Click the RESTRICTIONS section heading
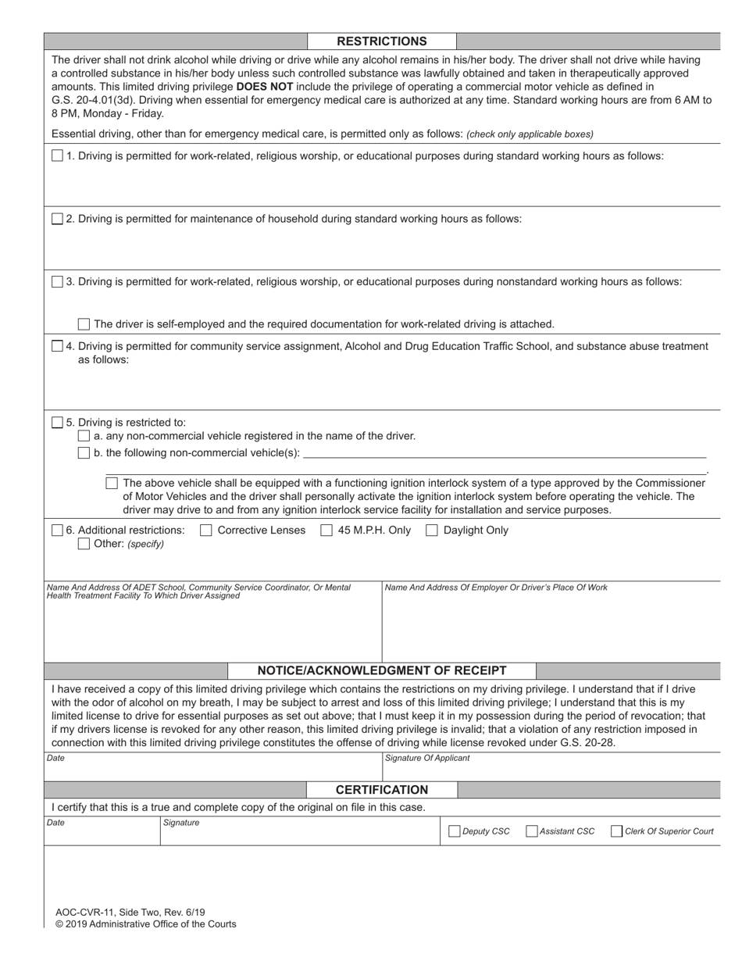[381, 41]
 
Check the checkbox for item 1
[57, 155]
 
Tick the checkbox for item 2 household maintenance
[57, 219]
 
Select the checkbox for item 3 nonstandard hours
[57, 281]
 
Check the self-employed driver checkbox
[84, 323]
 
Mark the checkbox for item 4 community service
[57, 346]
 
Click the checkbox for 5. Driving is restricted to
[57, 423]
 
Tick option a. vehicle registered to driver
[84, 436]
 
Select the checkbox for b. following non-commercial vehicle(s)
[84, 453]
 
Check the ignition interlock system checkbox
[112, 483]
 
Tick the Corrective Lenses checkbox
[206, 531]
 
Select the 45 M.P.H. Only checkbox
[326, 531]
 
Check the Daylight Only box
[431, 531]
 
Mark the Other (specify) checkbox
[84, 544]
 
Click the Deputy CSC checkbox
[455, 831]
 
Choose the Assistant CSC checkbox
[532, 831]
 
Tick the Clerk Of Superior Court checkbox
[616, 831]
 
